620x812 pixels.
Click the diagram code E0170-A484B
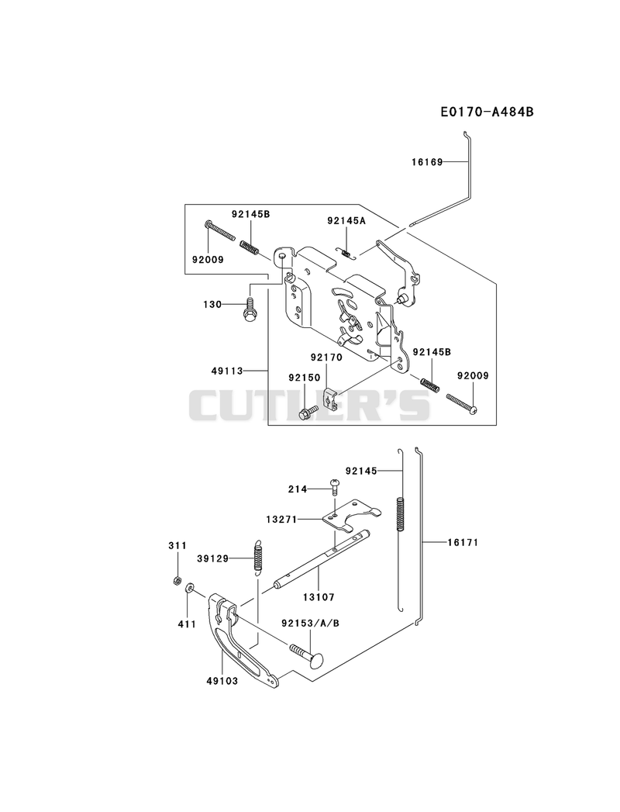tap(487, 112)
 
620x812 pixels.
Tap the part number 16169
tap(428, 162)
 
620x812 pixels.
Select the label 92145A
tap(346, 220)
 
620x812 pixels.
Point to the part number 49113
tap(227, 371)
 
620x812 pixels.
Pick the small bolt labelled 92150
tap(308, 411)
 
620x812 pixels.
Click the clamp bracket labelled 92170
tap(331, 397)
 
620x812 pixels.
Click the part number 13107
tap(319, 597)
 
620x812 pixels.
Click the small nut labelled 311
tap(177, 581)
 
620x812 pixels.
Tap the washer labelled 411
tap(189, 587)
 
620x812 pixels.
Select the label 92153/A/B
tap(311, 623)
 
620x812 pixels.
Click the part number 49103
tap(222, 681)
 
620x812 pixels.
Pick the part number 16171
tap(463, 542)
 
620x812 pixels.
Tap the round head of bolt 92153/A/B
tap(314, 661)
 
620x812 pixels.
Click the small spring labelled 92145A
tap(346, 252)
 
